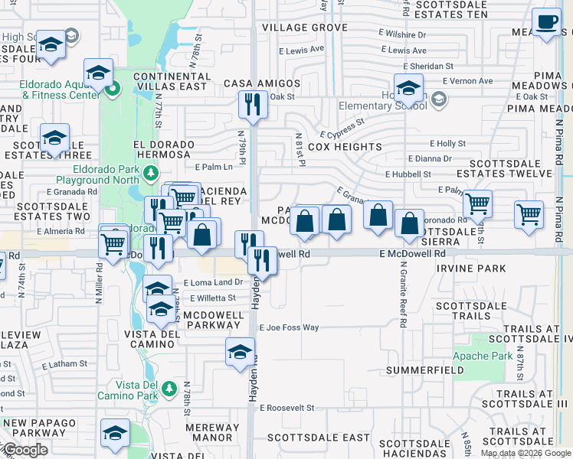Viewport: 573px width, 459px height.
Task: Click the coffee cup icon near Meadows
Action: (547, 23)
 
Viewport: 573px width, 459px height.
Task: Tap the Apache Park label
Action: (493, 356)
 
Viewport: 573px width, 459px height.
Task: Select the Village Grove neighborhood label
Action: (304, 28)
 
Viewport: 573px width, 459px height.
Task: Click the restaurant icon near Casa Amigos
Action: (253, 104)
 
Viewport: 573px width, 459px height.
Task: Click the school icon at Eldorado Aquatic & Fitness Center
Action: (99, 73)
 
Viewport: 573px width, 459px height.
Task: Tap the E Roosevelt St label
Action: (289, 408)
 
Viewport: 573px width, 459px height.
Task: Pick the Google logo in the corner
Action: (25, 450)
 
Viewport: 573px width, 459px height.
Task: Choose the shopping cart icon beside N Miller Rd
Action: (113, 244)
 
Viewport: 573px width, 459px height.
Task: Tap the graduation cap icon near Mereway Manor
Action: (116, 432)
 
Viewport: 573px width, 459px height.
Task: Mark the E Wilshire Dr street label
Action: (402, 34)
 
